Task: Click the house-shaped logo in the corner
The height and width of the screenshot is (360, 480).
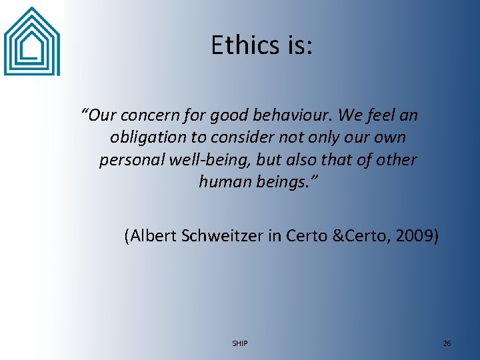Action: tap(31, 41)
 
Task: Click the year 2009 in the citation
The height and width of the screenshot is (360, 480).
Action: tap(414, 235)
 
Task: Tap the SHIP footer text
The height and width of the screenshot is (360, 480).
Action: tap(240, 343)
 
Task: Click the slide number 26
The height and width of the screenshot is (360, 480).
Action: tap(447, 343)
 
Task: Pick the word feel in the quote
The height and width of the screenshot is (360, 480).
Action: tap(381, 116)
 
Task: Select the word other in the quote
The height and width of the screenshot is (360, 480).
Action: tap(396, 160)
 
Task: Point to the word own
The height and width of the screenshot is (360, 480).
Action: tap(391, 138)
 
